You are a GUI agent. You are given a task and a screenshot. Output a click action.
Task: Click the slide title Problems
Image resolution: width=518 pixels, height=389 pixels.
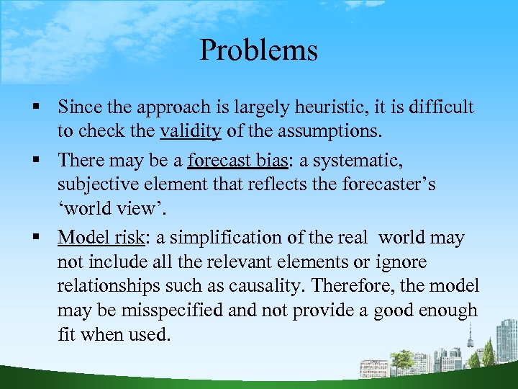(x=258, y=50)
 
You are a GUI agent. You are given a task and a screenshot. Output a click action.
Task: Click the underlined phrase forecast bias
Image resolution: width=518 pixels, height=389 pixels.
(x=235, y=159)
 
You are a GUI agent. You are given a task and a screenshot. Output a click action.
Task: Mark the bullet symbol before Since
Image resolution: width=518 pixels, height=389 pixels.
(x=35, y=108)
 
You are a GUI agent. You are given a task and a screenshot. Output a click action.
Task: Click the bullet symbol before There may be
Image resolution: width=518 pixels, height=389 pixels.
(x=35, y=160)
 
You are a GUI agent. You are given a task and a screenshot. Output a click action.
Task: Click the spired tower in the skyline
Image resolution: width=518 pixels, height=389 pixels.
(x=471, y=339)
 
